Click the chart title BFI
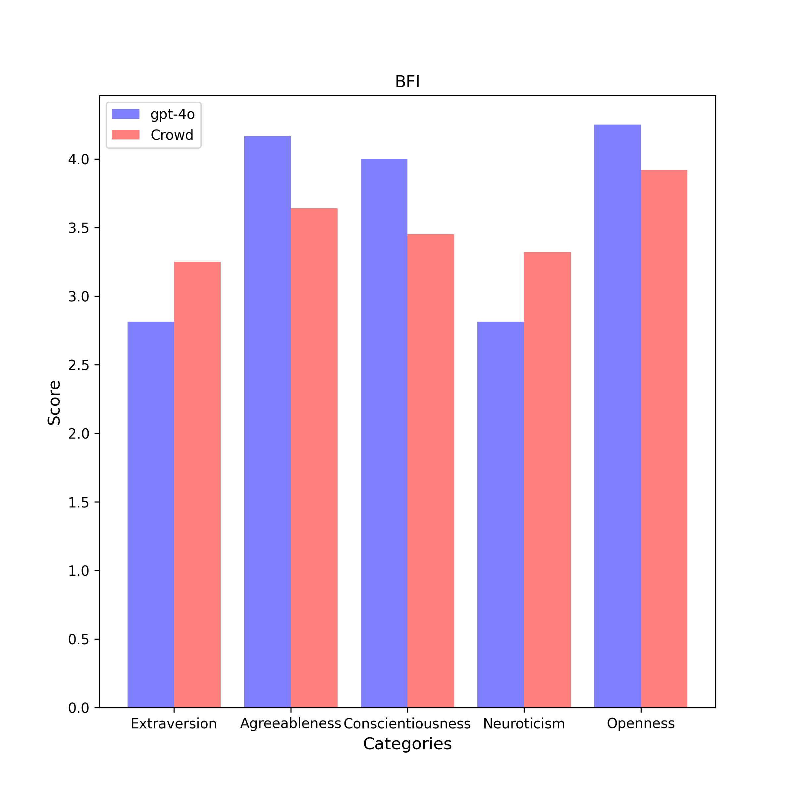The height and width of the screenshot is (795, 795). coord(407,81)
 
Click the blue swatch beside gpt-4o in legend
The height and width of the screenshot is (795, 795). coord(126,114)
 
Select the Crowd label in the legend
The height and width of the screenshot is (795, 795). coord(172,135)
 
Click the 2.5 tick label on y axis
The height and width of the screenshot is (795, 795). coord(79,365)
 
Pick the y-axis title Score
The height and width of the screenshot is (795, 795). coord(54,402)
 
